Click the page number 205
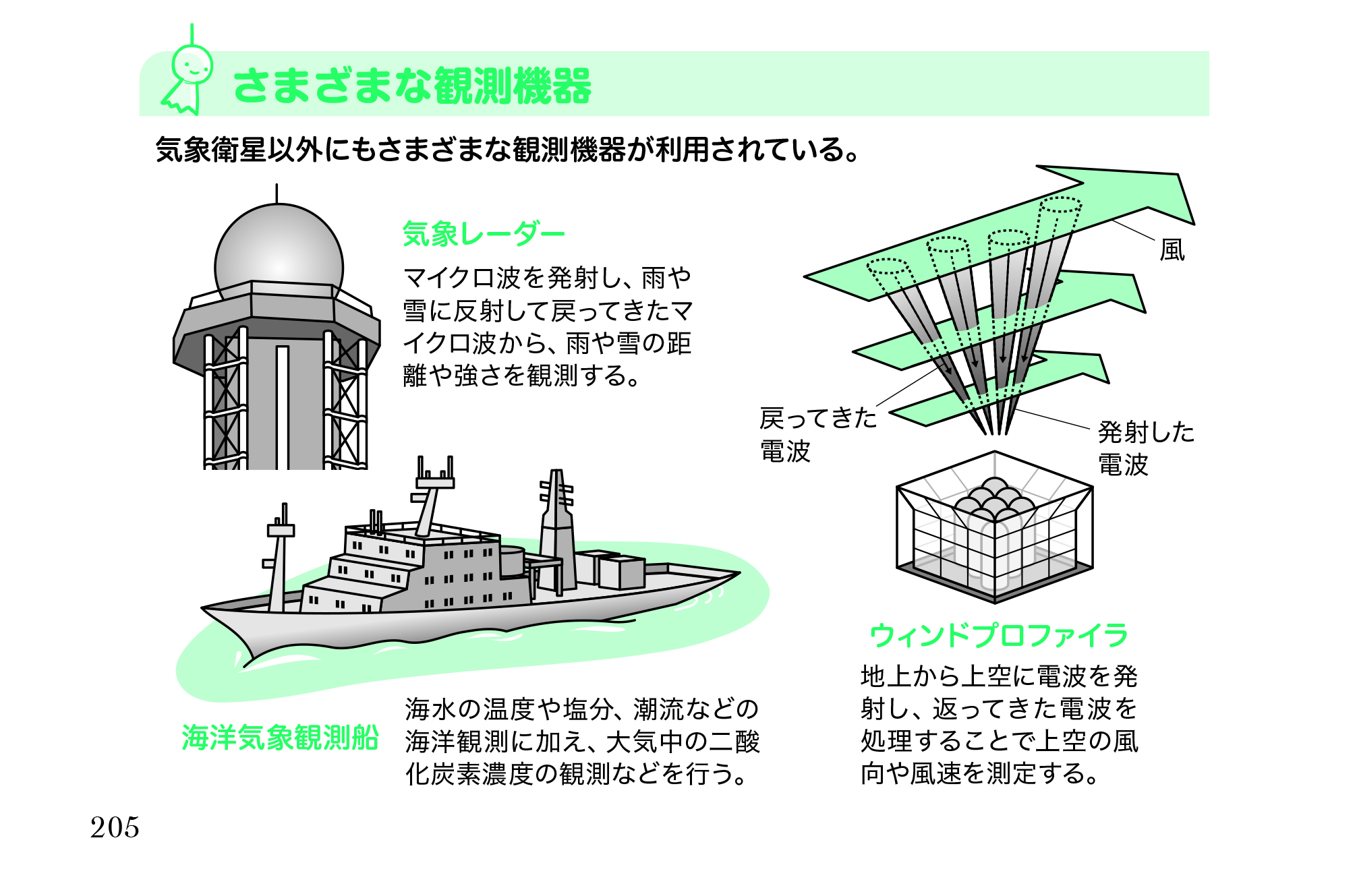[x=115, y=828]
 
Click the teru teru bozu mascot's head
[x=192, y=65]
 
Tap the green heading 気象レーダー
[x=484, y=234]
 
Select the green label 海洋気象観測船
[x=280, y=738]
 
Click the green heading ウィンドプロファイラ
[x=999, y=635]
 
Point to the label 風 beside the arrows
[x=1172, y=250]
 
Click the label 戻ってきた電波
[x=818, y=435]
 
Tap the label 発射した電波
[x=1146, y=448]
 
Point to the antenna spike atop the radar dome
[x=277, y=194]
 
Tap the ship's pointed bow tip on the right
[x=738, y=574]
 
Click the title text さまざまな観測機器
[x=412, y=86]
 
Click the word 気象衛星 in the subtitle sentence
[x=211, y=150]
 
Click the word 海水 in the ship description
[x=430, y=709]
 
